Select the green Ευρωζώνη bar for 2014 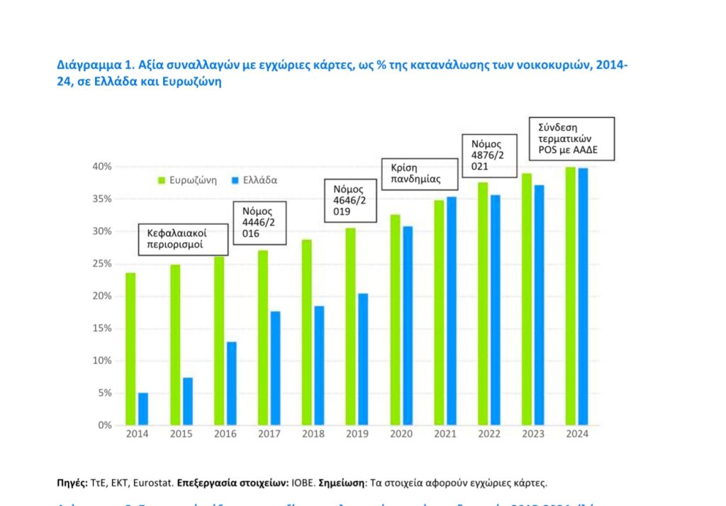pos(130,348)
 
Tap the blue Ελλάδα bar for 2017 pos(276,368)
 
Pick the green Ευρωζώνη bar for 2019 pos(350,326)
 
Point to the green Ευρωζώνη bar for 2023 pos(527,299)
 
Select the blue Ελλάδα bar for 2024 pos(583,296)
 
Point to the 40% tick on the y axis pos(101,167)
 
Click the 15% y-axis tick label pos(101,329)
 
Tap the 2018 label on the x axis pos(313,434)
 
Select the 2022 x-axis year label pos(489,434)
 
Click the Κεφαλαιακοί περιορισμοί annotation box pos(184,239)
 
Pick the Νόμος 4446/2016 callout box pos(260,222)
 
